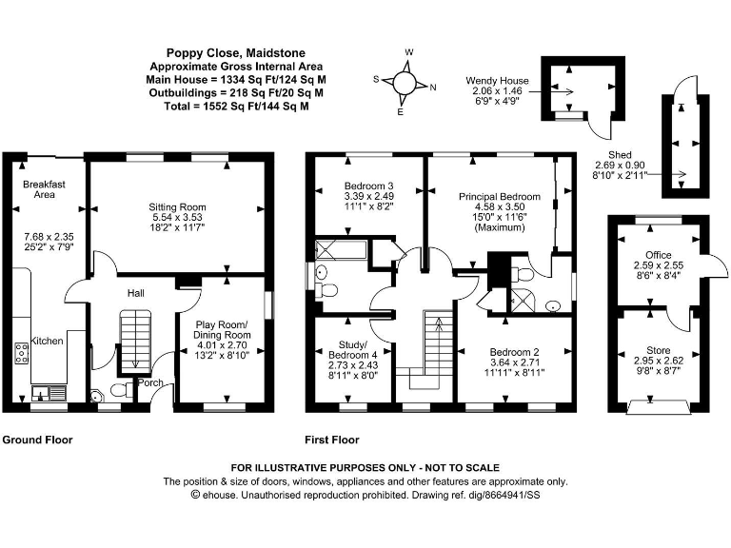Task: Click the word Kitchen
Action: [47, 340]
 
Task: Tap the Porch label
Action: [151, 382]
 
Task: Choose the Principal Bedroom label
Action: [499, 196]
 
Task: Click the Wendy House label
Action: [494, 81]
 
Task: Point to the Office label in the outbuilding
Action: [656, 255]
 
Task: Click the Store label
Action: [658, 350]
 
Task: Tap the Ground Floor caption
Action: [37, 440]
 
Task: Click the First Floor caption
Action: [331, 440]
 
